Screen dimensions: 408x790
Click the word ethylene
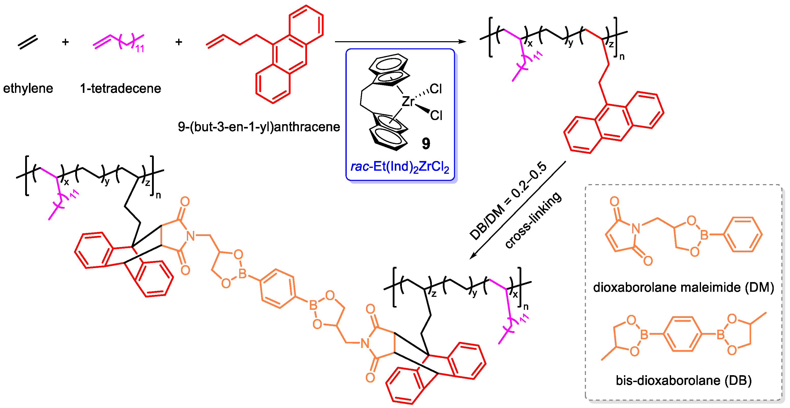(x=28, y=89)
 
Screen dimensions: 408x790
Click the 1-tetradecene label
(x=120, y=89)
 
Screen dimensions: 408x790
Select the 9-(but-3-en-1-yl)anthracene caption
(x=259, y=127)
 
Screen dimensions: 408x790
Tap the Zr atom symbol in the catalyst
(x=408, y=101)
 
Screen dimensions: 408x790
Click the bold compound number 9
(x=426, y=143)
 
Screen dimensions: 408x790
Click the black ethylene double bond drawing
(x=28, y=42)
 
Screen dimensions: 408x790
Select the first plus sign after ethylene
(x=65, y=42)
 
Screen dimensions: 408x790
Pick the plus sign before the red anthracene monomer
(x=179, y=42)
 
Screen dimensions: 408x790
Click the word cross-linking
(x=534, y=221)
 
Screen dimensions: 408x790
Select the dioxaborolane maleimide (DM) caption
(x=683, y=288)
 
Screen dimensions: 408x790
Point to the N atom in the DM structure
(x=636, y=228)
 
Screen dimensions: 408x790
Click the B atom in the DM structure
(x=704, y=235)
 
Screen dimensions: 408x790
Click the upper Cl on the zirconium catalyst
(x=436, y=89)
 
